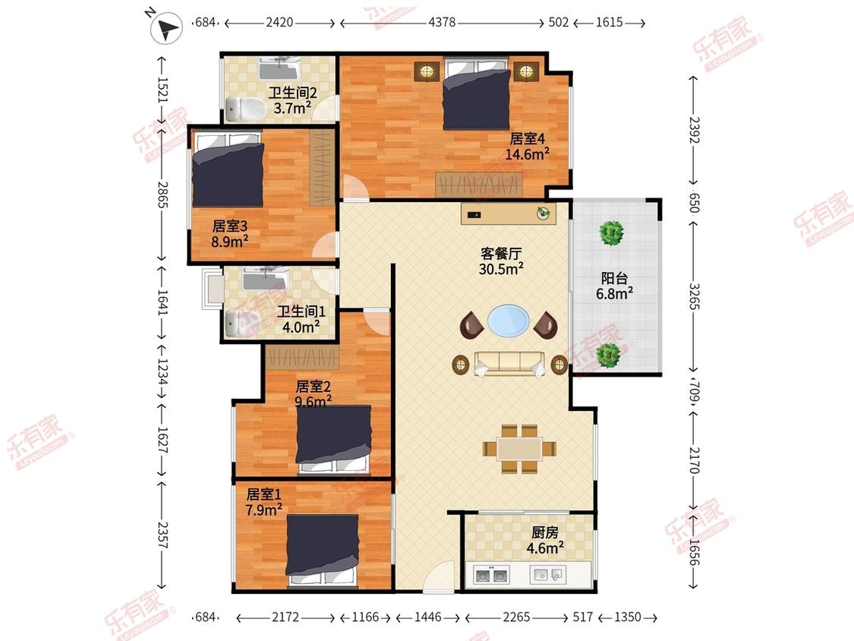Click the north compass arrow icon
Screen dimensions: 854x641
[x=167, y=27]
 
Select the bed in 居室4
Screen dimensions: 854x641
[x=477, y=93]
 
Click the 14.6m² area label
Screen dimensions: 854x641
[x=528, y=154]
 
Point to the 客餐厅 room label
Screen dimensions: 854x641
[x=501, y=254]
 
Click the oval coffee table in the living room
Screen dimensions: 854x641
[x=508, y=320]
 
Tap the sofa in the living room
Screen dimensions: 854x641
[x=509, y=364]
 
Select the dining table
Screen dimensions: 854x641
[x=519, y=449]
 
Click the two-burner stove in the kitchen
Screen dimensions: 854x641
[x=491, y=575]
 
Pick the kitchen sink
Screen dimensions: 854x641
[x=548, y=574]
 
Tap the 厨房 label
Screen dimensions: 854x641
[x=544, y=532]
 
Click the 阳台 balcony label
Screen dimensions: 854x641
[x=614, y=279]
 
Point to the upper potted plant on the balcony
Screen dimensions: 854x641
[x=611, y=233]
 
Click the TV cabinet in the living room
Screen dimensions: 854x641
[x=509, y=213]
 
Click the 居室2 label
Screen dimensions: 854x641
[x=314, y=387]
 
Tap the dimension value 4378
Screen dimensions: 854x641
[x=442, y=23]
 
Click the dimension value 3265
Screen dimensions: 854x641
[x=695, y=296]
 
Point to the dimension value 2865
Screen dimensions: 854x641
[x=162, y=194]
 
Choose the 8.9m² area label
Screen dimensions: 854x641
[x=230, y=241]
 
